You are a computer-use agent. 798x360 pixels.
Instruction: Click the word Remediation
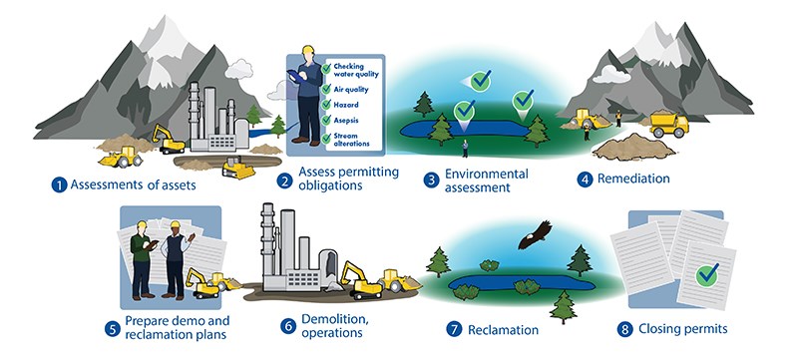[x=634, y=179]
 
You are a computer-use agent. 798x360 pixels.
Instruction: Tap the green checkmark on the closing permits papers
[x=709, y=272]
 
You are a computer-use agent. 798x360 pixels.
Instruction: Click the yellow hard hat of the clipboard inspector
[x=308, y=51]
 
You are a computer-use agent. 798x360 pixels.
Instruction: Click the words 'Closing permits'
[x=685, y=329]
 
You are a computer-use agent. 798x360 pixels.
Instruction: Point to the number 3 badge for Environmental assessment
[x=431, y=180]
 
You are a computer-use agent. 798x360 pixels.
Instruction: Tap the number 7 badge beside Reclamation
[x=452, y=329]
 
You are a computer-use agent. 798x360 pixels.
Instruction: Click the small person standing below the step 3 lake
[x=465, y=149]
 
